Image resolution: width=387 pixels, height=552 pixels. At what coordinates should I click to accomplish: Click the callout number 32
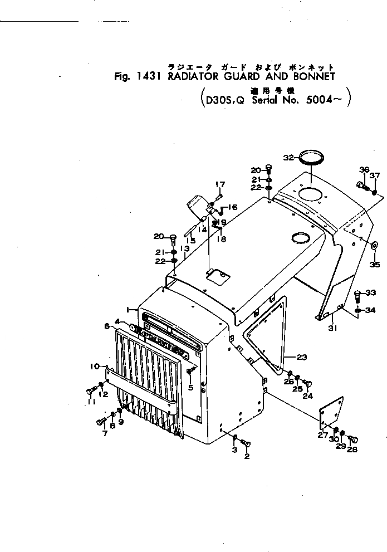(x=288, y=158)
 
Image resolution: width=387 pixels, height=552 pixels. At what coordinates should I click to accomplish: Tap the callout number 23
(x=302, y=357)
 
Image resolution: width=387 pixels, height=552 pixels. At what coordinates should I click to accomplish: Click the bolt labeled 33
(x=357, y=294)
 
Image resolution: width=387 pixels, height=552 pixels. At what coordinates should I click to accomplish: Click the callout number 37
(x=375, y=175)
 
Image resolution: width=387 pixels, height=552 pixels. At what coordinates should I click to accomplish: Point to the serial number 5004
(x=314, y=101)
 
